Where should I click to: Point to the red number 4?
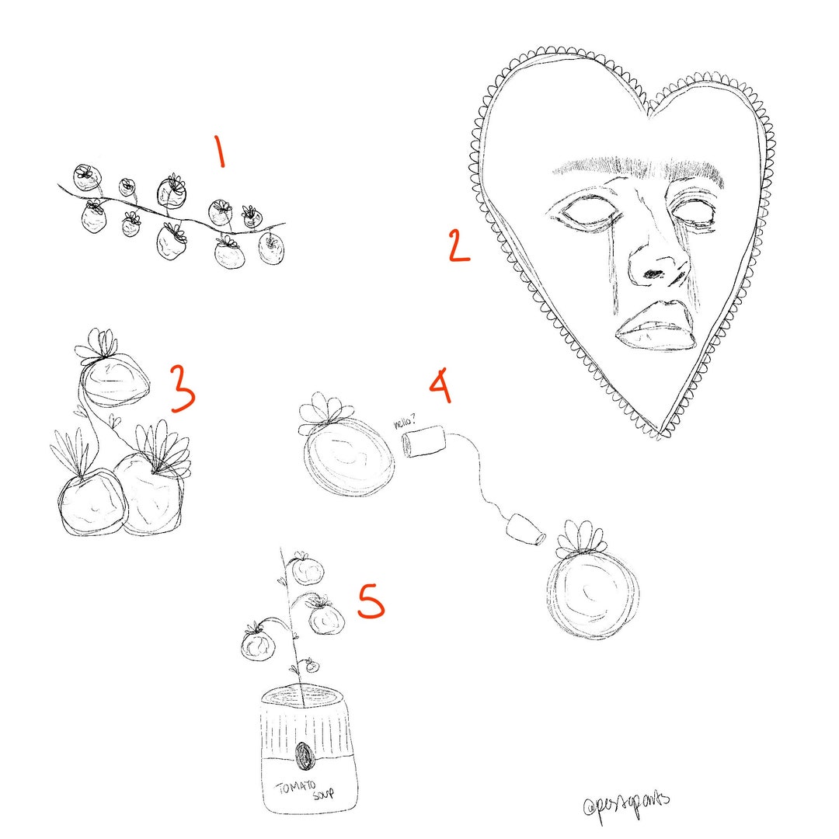(440, 386)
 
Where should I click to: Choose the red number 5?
(371, 602)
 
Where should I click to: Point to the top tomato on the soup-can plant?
(308, 572)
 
